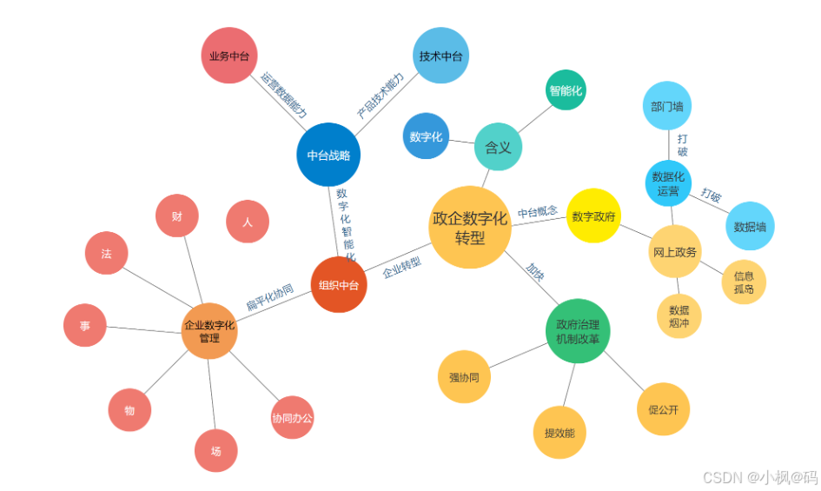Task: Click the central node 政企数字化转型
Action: [x=470, y=227]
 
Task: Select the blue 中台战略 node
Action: [x=328, y=156]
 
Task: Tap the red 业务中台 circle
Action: [x=229, y=56]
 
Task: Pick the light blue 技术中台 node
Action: [x=440, y=56]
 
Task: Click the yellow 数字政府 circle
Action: [x=593, y=216]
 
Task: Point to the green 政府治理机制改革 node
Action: [x=578, y=331]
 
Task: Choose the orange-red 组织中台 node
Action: [x=339, y=284]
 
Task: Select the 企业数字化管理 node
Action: [x=209, y=331]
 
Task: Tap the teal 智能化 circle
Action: [x=566, y=90]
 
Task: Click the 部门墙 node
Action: [x=667, y=106]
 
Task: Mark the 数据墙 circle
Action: [x=750, y=226]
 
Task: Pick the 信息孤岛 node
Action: [x=744, y=282]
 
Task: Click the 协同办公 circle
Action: [x=292, y=418]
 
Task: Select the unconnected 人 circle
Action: [x=248, y=222]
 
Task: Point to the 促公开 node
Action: [x=663, y=409]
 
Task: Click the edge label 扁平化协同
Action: [x=269, y=296]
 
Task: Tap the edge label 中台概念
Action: [x=538, y=212]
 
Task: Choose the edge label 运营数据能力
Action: [x=284, y=95]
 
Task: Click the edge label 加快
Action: [x=534, y=273]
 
